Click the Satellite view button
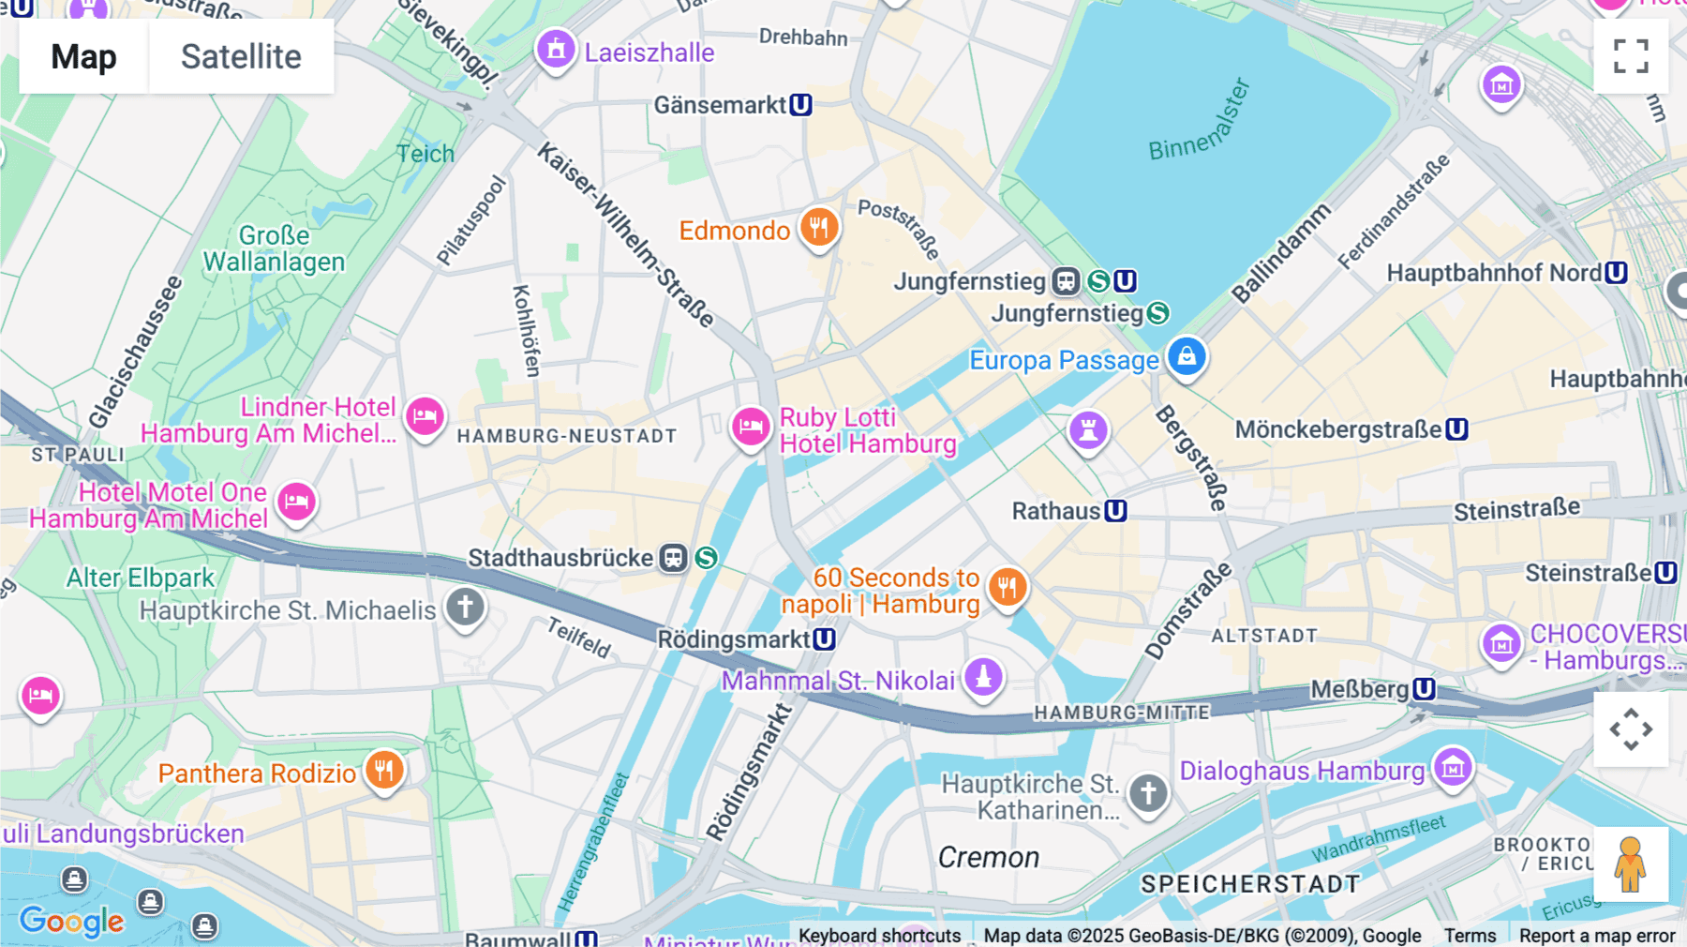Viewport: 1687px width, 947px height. click(241, 56)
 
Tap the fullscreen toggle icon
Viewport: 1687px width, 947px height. click(1631, 56)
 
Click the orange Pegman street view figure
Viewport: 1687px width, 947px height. click(1631, 864)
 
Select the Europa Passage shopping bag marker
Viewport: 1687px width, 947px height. click(1187, 357)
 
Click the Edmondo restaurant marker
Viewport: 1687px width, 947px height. click(819, 228)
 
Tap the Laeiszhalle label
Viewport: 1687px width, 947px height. click(649, 53)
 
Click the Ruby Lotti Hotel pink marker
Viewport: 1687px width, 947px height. click(751, 428)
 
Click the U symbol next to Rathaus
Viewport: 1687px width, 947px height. click(1115, 511)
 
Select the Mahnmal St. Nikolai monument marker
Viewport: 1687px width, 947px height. click(983, 676)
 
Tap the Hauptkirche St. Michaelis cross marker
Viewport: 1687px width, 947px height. click(465, 607)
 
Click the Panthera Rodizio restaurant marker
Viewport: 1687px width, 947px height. click(384, 771)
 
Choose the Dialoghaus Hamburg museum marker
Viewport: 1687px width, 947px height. click(1453, 768)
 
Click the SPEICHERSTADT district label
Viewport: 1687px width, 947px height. click(1250, 884)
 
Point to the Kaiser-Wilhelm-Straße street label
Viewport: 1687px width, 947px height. click(625, 234)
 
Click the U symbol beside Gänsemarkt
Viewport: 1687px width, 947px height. click(800, 105)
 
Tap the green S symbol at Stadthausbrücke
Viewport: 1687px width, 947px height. click(707, 558)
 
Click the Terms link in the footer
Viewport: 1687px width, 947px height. click(1470, 935)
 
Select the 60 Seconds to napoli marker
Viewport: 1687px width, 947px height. click(1008, 588)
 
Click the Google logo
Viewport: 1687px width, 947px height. click(72, 922)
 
